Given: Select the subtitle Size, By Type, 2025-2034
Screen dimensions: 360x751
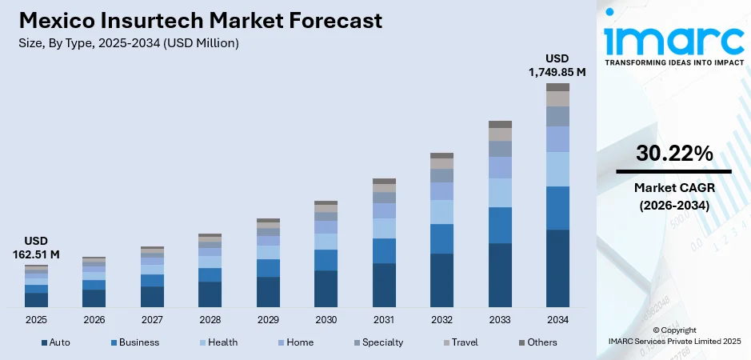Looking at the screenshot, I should [x=129, y=42].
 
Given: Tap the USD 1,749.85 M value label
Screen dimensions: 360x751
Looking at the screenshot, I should [x=557, y=66].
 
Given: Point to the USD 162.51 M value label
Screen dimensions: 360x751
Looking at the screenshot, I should [x=36, y=248].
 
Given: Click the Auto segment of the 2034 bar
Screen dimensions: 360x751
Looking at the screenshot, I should [x=557, y=268].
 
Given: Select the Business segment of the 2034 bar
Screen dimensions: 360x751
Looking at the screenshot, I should [x=557, y=208].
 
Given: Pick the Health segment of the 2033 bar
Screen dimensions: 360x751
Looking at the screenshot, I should [x=500, y=192].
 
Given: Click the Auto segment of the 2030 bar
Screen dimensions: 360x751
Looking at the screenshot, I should [x=326, y=288].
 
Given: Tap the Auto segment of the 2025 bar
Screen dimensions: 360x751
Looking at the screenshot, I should [x=36, y=299].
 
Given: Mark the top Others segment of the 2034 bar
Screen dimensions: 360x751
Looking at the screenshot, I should [x=557, y=87].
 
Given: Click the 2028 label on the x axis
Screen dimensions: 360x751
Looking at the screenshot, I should [x=210, y=319].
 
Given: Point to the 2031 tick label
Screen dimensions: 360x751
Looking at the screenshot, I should [x=384, y=319].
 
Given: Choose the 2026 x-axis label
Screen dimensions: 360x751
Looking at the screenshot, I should [x=94, y=319].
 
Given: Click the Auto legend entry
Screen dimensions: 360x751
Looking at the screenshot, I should [x=55, y=342].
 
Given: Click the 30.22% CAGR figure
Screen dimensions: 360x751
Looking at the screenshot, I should [x=673, y=154].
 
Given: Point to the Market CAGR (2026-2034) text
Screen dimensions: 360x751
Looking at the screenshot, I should [x=673, y=196].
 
